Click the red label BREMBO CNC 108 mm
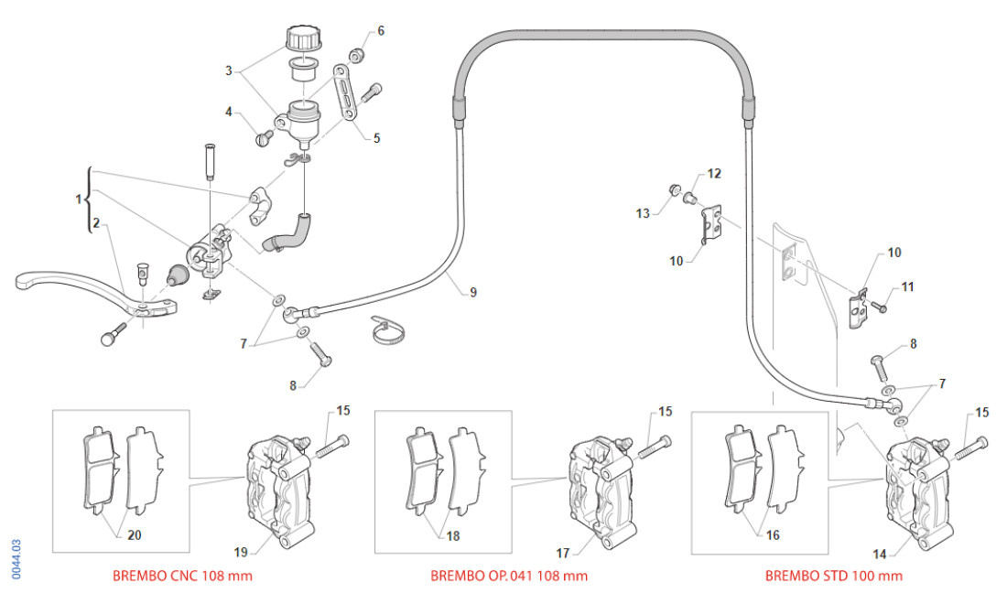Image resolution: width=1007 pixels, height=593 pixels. click(x=182, y=576)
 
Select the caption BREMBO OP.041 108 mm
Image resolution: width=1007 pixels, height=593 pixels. click(x=509, y=576)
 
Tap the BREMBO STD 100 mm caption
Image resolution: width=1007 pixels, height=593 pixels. click(x=834, y=576)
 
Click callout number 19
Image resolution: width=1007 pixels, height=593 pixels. click(x=241, y=551)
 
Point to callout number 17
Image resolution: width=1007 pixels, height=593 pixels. click(x=563, y=552)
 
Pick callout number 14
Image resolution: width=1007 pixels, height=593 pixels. click(x=880, y=553)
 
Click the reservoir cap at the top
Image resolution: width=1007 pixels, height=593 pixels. click(x=302, y=39)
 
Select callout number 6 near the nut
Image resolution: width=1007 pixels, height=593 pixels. click(x=381, y=30)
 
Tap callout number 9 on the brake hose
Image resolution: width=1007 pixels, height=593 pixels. click(x=473, y=293)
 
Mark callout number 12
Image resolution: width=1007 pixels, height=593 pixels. click(x=714, y=173)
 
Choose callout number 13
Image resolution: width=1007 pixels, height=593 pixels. click(x=644, y=213)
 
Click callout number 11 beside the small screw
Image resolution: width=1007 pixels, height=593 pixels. click(x=907, y=286)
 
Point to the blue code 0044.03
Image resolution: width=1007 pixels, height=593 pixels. click(x=16, y=557)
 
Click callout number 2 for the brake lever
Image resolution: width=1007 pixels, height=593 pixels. click(x=95, y=222)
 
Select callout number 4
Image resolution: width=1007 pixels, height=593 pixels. click(x=230, y=112)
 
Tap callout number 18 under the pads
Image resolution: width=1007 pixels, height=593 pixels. click(x=453, y=535)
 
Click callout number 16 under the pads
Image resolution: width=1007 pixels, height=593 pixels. click(x=773, y=534)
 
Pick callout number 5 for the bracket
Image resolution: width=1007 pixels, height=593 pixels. click(x=376, y=138)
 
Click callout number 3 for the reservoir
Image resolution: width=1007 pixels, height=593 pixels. click(x=230, y=70)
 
